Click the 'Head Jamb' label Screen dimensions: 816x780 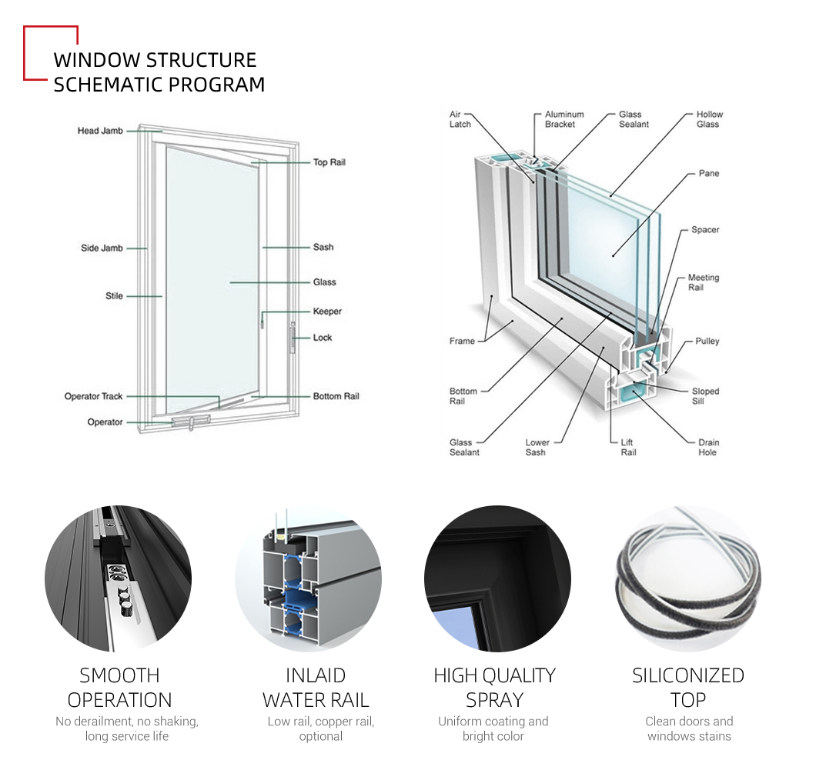coord(100,131)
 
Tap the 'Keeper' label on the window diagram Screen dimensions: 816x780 coord(327,311)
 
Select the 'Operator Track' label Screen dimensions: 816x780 coord(93,396)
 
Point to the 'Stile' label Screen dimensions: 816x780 coord(114,296)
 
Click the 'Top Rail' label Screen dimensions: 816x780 coord(329,162)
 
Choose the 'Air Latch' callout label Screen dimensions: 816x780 coord(460,119)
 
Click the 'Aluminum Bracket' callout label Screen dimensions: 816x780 coord(564,119)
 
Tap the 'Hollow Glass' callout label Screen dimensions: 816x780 coord(709,119)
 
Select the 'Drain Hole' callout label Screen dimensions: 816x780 coord(708,447)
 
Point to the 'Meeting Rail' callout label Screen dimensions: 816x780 coord(703,282)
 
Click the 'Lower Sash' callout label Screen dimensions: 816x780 coord(537,447)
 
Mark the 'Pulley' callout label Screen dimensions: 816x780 coord(707,341)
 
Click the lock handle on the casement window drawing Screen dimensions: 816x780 coord(293,338)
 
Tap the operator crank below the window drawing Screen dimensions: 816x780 coord(190,422)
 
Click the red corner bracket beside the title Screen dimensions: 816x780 coord(51,53)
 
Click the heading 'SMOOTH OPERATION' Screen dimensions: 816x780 coord(119,688)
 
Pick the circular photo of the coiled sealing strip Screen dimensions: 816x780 coord(688,578)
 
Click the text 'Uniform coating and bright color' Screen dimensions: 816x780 coord(493,728)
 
